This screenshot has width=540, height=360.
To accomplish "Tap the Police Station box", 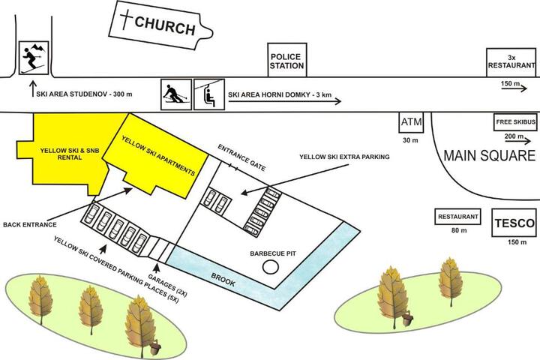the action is click(287, 60).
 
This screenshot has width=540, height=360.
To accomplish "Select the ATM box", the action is click(411, 122).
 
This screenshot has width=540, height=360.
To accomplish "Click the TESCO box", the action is click(514, 223).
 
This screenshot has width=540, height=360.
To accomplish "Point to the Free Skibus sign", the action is click(515, 122).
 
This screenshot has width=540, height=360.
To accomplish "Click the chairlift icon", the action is click(209, 94).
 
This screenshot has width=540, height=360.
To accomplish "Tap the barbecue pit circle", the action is click(270, 267).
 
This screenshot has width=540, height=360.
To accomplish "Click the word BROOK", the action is click(223, 280).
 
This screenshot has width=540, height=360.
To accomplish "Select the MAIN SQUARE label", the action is click(489, 156).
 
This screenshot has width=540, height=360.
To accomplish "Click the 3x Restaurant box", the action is click(511, 62).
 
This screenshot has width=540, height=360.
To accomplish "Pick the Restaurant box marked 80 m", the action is click(457, 217).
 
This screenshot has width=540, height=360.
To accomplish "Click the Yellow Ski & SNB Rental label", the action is click(70, 154).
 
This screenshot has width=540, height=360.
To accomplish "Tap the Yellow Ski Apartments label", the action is click(158, 155).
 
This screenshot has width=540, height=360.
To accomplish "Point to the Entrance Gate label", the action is click(241, 157).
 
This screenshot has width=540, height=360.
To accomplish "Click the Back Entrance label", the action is click(29, 224).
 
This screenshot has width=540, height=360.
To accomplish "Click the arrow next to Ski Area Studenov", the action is click(33, 88).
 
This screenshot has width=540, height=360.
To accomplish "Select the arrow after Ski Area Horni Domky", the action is click(284, 101).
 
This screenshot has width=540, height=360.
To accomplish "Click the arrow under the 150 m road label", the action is click(514, 88).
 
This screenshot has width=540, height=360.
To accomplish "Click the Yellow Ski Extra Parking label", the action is click(344, 157).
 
